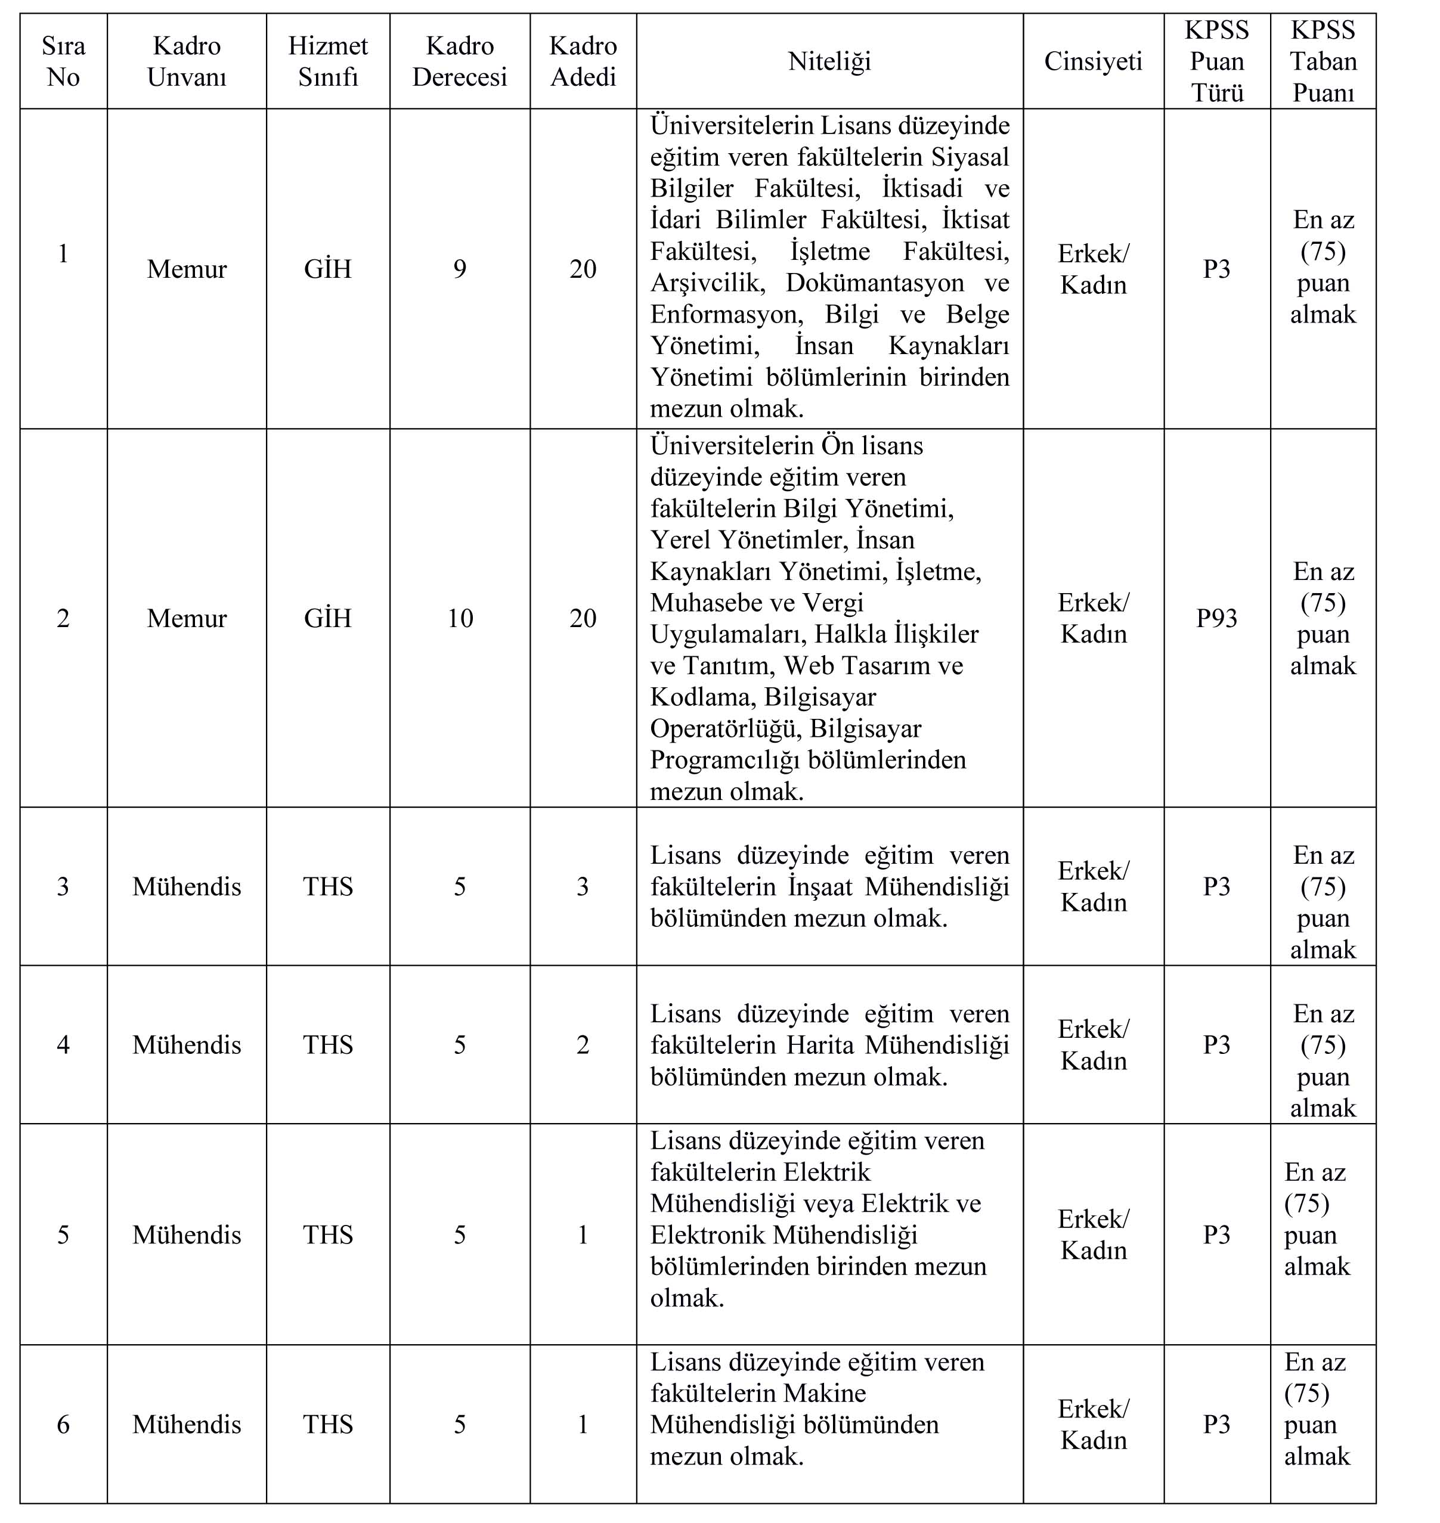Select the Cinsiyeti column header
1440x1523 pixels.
[1093, 61]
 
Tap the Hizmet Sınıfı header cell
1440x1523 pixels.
[328, 61]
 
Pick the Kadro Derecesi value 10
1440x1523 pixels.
[460, 618]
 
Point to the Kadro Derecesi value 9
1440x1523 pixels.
[460, 269]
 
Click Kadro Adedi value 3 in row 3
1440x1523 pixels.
[583, 886]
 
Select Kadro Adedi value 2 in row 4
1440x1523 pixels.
[583, 1044]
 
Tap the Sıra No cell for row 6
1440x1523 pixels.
[63, 1424]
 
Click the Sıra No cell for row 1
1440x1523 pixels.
[63, 253]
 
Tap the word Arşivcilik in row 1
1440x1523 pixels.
[707, 283]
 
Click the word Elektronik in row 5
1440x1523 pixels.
[708, 1234]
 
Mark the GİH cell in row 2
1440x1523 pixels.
[328, 618]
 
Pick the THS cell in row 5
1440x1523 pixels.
[328, 1234]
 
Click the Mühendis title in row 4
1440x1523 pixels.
[187, 1044]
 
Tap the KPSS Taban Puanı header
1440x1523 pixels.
[1323, 61]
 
